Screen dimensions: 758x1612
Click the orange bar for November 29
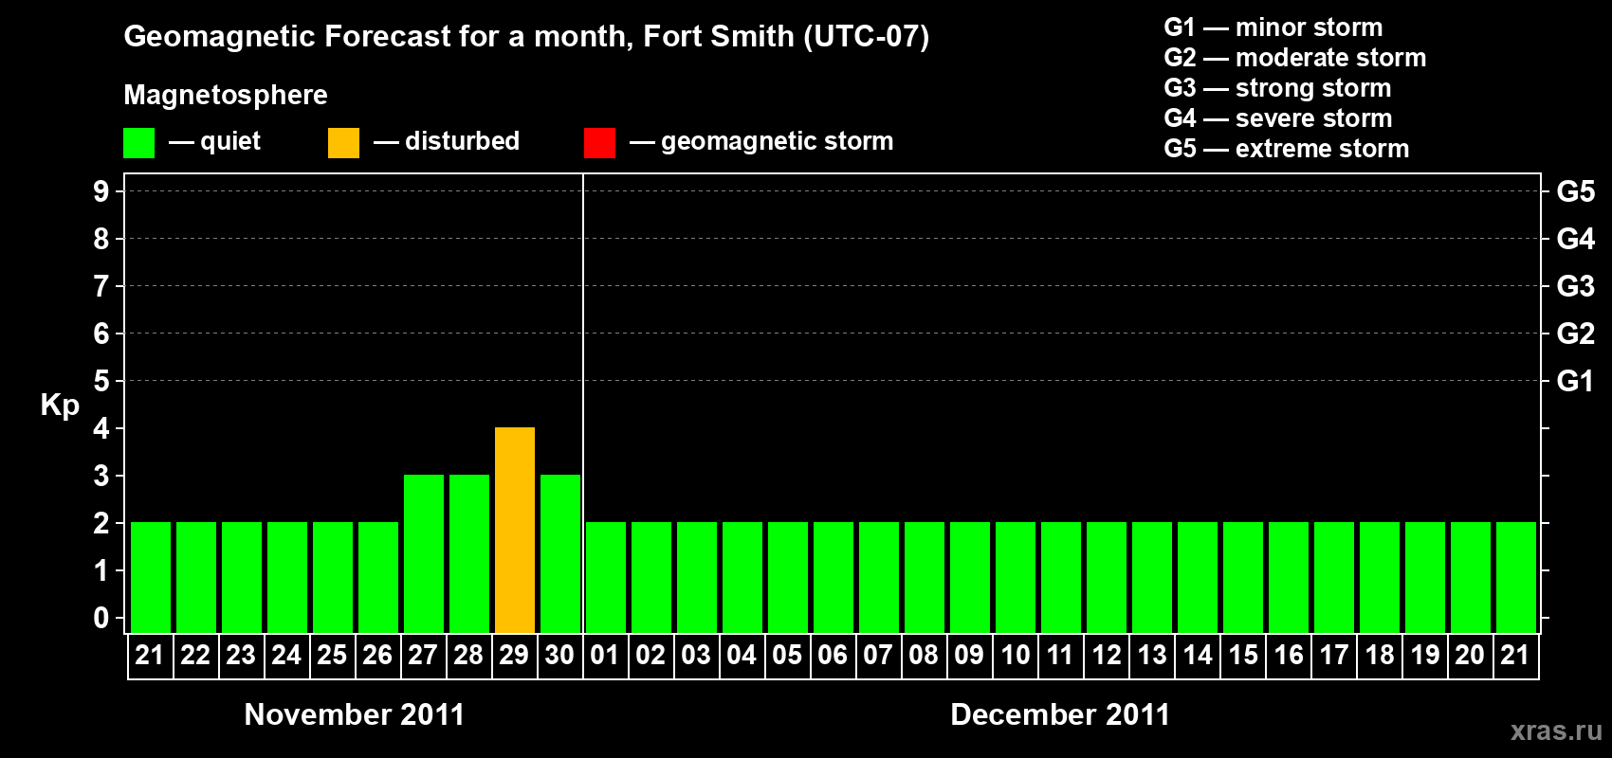pos(515,530)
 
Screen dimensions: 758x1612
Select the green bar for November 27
pos(424,553)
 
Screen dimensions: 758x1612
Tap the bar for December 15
pos(1243,577)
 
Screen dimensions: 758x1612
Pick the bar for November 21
pos(151,577)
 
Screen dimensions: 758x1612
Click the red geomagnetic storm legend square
pos(599,143)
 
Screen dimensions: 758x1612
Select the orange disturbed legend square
pos(343,143)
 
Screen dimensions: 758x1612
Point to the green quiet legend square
pos(138,143)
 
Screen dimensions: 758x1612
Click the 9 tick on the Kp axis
pos(101,191)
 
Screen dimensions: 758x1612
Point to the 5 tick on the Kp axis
pos(101,381)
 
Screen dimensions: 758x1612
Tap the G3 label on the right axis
pos(1575,286)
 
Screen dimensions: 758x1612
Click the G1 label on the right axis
pos(1575,381)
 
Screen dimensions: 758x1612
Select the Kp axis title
pos(60,405)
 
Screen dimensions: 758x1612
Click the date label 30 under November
pos(559,655)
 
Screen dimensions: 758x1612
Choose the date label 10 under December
pos(1015,655)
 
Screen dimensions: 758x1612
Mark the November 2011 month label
pos(355,714)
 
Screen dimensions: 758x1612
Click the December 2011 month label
pos(1060,714)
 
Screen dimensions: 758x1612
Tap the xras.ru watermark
pos(1556,731)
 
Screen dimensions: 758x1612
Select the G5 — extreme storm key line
pos(1286,149)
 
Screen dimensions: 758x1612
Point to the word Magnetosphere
pos(226,95)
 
